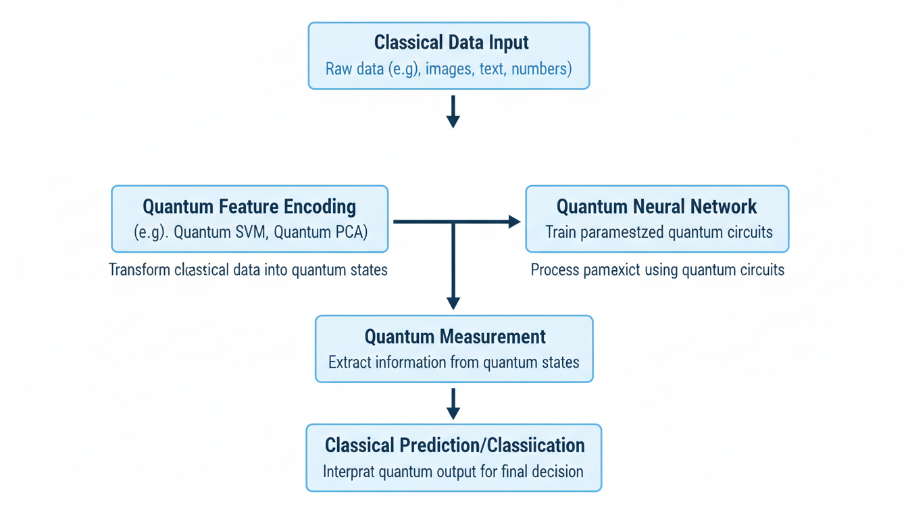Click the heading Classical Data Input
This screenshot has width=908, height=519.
pos(451,43)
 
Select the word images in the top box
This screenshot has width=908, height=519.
pos(449,69)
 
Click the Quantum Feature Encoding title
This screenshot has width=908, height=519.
pos(249,206)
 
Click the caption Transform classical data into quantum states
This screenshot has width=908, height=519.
pos(248,270)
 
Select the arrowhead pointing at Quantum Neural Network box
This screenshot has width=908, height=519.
pos(514,222)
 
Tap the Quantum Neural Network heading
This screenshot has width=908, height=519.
pos(657,206)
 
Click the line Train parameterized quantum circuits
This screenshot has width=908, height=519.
pos(659,232)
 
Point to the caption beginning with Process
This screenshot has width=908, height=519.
pos(657,270)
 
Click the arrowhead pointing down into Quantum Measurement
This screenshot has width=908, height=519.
pos(453,303)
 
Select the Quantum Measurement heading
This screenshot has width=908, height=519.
pos(455,337)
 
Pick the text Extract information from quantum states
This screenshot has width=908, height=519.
pos(454,363)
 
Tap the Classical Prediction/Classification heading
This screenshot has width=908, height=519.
pos(455,445)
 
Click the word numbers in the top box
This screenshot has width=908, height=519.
pos(541,69)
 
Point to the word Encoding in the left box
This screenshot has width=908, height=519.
pos(321,206)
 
